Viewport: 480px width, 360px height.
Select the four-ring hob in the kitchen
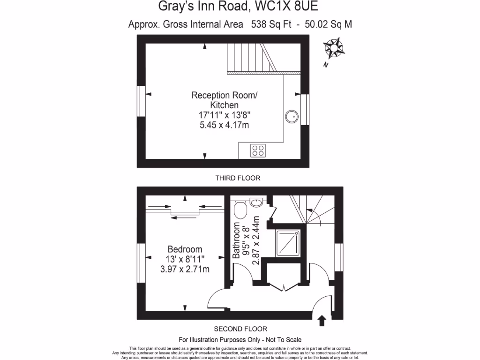click(258, 150)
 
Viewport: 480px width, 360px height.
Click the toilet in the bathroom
click(240, 210)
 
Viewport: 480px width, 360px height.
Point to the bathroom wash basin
click(257, 202)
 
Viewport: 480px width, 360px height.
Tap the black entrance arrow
click(322, 321)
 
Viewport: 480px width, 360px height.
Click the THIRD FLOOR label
click(238, 178)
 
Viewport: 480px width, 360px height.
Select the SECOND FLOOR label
click(240, 329)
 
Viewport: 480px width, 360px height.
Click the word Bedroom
click(185, 249)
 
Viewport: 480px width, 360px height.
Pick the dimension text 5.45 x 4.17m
click(224, 125)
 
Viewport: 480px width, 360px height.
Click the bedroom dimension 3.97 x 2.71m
click(185, 269)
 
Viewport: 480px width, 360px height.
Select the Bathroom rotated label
click(237, 240)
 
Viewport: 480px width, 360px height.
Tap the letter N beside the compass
click(325, 65)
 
